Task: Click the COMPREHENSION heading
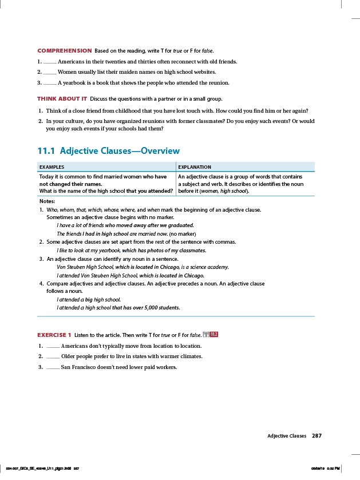click(64, 51)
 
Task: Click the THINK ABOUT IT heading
click(62, 99)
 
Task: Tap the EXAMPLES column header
click(52, 167)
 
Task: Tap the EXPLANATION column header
click(195, 167)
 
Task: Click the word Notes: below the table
click(47, 201)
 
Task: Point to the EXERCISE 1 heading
click(54, 335)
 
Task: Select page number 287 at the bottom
click(317, 436)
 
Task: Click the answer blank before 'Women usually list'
click(50, 73)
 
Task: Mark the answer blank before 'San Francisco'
click(53, 367)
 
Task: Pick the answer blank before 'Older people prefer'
click(53, 356)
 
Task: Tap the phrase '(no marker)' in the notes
click(183, 234)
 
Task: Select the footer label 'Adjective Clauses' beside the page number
click(287, 436)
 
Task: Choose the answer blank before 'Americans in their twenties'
click(50, 62)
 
